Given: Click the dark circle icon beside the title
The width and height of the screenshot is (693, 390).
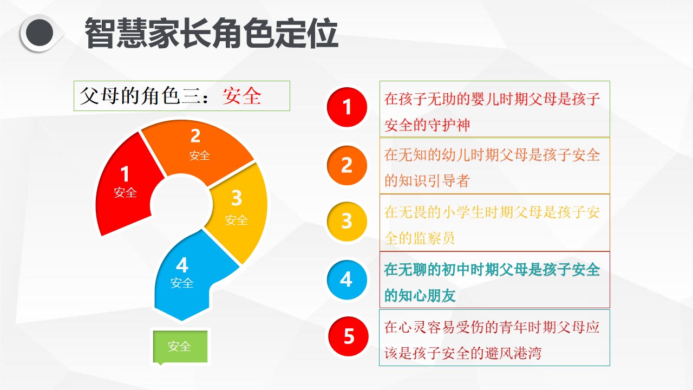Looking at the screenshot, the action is click(40, 33).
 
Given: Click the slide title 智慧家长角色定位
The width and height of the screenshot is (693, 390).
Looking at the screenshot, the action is click(211, 33).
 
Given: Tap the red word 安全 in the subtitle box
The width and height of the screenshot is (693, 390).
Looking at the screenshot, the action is click(241, 96).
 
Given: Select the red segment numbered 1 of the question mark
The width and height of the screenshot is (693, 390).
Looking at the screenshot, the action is click(127, 186).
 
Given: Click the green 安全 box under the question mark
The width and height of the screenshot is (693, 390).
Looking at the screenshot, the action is click(180, 346).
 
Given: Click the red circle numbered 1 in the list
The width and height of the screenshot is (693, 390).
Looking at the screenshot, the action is click(347, 107).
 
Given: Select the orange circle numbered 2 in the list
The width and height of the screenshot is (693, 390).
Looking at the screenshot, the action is click(347, 165).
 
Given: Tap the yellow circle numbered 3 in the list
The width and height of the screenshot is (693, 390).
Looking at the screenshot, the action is click(347, 222).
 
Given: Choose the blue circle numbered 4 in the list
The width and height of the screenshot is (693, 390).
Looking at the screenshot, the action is click(347, 280).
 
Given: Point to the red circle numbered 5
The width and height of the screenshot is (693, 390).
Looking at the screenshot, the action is click(348, 336).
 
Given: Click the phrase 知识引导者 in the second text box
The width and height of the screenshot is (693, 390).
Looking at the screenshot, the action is click(434, 181).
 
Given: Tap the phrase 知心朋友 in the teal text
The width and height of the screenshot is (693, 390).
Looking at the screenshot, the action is click(427, 296).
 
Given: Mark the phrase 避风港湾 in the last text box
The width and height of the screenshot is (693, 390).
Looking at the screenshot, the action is click(513, 353).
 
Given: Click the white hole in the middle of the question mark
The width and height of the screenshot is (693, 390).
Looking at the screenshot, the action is click(181, 204).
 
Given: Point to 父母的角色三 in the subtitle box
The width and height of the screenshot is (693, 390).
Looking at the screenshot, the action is click(130, 96).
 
